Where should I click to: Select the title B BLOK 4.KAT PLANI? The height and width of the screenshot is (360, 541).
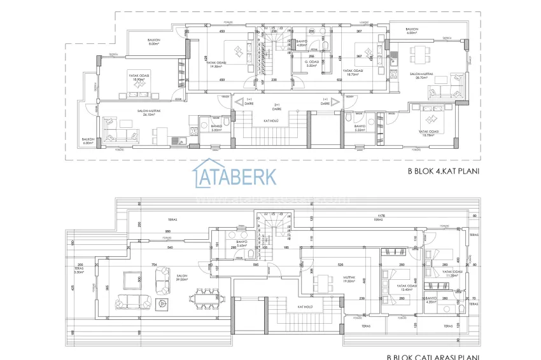(x=443, y=171)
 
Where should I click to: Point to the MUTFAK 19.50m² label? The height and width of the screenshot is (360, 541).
(x=350, y=280)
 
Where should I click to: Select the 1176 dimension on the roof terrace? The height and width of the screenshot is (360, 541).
(x=381, y=216)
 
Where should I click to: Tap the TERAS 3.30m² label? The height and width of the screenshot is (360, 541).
(x=79, y=270)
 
